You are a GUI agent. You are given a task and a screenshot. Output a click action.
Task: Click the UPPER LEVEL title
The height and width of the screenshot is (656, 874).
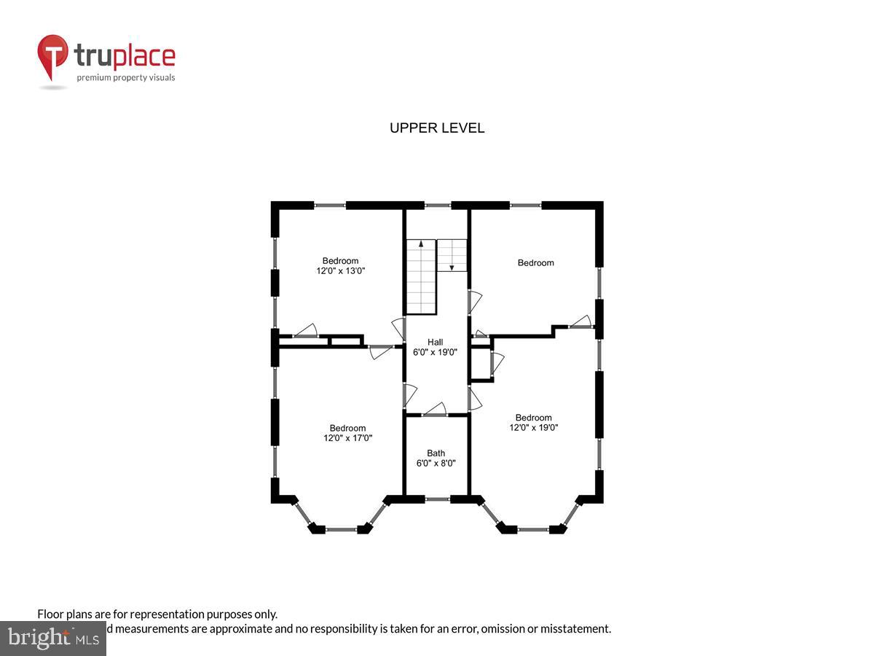click(437, 128)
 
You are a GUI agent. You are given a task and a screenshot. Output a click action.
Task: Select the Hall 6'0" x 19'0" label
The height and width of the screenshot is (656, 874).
click(436, 347)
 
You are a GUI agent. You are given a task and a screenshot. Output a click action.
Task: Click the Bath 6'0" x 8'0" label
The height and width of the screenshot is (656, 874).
click(436, 458)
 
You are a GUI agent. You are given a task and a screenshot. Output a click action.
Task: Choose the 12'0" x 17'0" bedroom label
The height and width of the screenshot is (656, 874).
click(347, 433)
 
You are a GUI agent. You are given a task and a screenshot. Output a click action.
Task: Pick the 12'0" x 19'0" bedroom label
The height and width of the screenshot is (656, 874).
click(534, 423)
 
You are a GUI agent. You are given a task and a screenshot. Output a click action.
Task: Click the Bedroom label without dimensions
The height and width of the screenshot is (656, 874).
click(536, 263)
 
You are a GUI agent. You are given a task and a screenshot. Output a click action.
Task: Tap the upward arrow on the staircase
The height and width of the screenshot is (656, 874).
click(421, 245)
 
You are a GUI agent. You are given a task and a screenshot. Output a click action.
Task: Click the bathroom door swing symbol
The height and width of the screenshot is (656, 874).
click(436, 409)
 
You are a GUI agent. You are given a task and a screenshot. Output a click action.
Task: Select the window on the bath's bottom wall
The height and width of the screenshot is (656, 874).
click(437, 499)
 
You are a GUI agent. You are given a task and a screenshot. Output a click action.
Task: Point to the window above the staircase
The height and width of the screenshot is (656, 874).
click(437, 206)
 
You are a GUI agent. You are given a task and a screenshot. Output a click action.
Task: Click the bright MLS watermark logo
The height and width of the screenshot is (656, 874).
click(52, 638)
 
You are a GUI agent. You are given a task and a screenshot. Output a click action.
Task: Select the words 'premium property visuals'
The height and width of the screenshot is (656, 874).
click(126, 77)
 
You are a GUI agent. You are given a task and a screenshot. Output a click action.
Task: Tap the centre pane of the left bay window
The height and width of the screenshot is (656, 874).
click(341, 529)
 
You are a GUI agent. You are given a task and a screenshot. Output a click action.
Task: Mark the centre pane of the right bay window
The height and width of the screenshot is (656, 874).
click(533, 529)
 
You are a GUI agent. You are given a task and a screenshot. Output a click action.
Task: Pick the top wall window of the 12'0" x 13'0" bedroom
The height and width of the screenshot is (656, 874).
click(330, 206)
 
